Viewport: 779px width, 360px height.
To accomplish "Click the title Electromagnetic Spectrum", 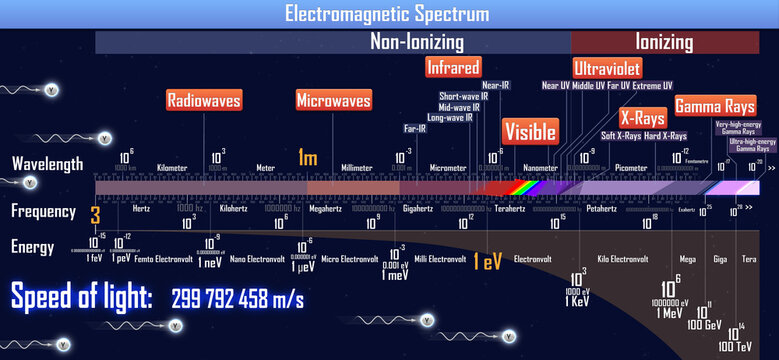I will point(388,14).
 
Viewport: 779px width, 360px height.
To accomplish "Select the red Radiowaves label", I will point(203,100).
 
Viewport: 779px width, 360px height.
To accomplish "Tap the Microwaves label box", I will point(334,100).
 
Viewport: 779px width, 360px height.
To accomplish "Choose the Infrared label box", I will point(453,67).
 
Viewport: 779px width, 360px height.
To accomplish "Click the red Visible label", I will point(530,132).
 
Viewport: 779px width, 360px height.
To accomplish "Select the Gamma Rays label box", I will point(714,105).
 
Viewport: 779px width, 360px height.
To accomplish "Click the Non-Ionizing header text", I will point(417,42).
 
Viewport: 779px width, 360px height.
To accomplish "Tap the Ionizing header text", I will point(664,42).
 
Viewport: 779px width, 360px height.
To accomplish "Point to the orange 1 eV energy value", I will point(488,261).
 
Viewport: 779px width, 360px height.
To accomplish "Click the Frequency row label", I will point(43,211).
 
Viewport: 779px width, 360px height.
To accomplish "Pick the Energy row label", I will point(33,246).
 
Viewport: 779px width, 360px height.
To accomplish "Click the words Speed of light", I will point(82,297).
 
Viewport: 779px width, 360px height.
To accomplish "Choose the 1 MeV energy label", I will point(668,313).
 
